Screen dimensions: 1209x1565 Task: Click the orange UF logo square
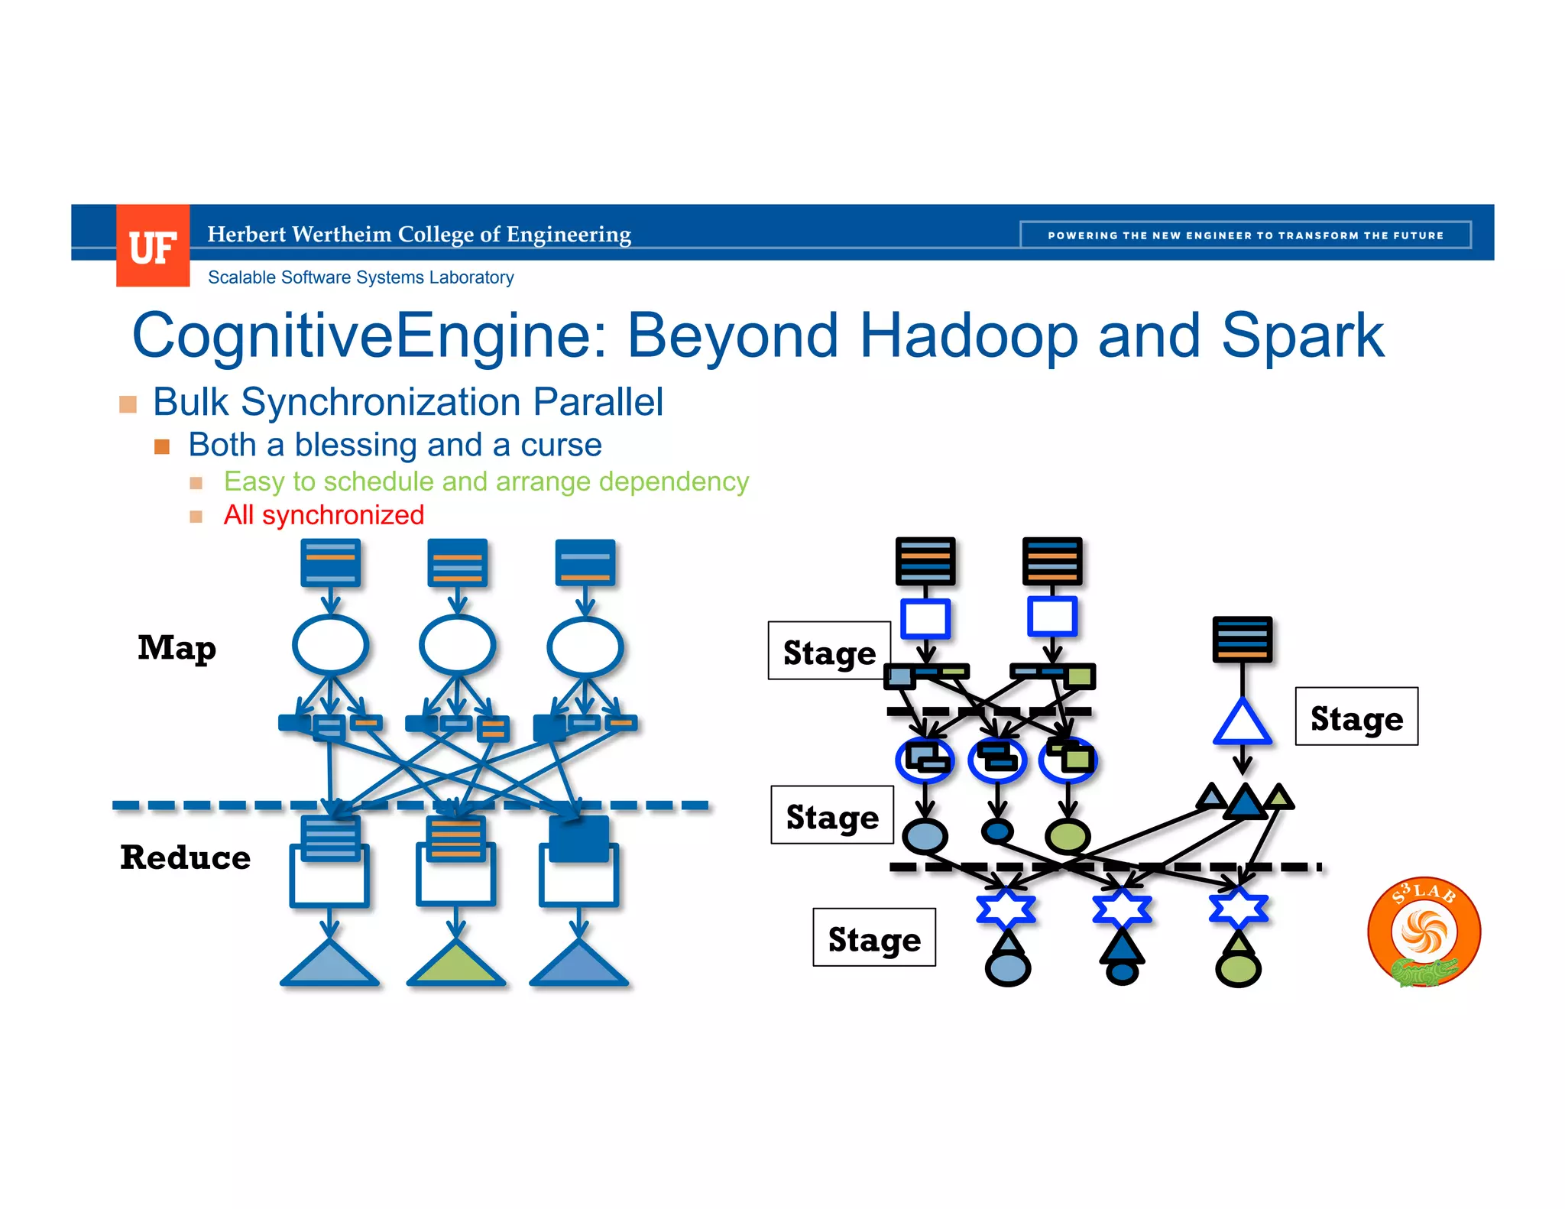click(153, 246)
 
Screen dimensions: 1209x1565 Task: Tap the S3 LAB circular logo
click(1424, 932)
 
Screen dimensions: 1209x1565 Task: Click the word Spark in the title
click(1302, 335)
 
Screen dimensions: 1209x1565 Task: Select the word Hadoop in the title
click(968, 335)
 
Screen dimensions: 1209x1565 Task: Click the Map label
click(177, 648)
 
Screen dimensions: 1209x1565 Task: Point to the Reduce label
click(185, 857)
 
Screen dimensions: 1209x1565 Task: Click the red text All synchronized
click(323, 515)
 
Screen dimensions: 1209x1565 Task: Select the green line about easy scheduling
click(486, 481)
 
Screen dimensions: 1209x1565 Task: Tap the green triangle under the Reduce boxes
click(456, 965)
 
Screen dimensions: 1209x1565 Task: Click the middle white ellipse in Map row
click(457, 646)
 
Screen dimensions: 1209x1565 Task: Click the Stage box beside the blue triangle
click(1356, 717)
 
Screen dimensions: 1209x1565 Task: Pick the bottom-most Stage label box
click(874, 938)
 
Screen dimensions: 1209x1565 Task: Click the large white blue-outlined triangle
click(1243, 724)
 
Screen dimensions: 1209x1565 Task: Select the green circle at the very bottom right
click(1238, 970)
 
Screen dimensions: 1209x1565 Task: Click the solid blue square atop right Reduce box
click(578, 838)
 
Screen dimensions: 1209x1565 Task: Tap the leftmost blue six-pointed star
click(1006, 909)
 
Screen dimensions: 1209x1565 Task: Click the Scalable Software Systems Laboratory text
click(361, 277)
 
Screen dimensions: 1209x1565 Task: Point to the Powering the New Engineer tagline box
click(1245, 235)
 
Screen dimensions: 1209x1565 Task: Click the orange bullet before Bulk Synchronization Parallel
click(128, 404)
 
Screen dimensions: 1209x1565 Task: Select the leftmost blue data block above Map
click(330, 562)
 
